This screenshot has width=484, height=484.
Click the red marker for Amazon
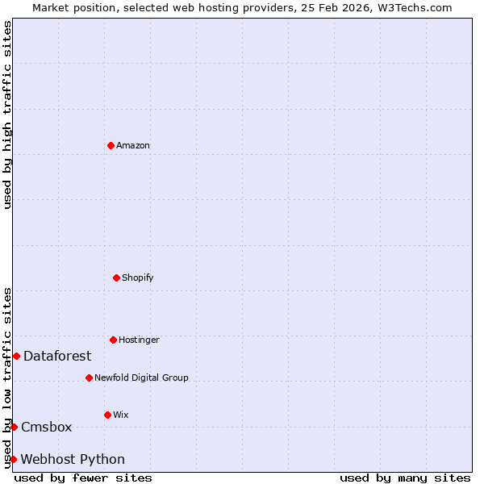(x=111, y=145)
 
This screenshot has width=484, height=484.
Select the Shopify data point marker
(x=116, y=277)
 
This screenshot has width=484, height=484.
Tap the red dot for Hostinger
(x=113, y=340)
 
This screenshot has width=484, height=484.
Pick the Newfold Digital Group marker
(x=89, y=378)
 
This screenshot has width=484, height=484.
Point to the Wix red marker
(x=107, y=415)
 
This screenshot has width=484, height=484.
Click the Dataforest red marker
(x=16, y=356)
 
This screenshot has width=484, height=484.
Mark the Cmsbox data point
(x=14, y=427)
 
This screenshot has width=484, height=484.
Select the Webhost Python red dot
(x=13, y=459)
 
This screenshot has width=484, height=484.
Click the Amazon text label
(x=133, y=146)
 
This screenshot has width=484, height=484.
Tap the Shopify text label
(x=138, y=278)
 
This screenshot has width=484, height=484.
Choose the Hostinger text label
(x=139, y=340)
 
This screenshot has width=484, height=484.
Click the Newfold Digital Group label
(x=141, y=378)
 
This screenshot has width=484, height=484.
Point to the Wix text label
(x=121, y=415)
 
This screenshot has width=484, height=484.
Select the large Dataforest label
(x=57, y=357)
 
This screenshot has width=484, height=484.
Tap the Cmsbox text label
(x=47, y=428)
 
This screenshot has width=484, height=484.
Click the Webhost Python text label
(x=73, y=460)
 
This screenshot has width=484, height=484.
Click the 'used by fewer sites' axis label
(x=83, y=478)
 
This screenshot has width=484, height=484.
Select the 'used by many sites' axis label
(x=405, y=478)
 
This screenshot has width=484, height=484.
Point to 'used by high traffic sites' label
(x=7, y=115)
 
